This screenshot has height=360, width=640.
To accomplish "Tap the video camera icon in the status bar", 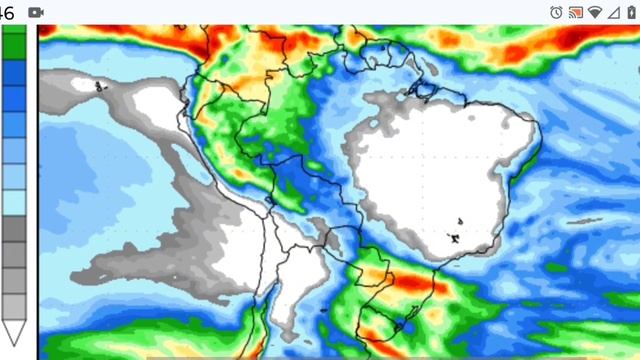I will pos(37,11).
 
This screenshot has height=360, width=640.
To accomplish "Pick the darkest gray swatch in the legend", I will pos(14,229).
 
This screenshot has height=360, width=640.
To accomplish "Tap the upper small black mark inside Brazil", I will pos(460,221).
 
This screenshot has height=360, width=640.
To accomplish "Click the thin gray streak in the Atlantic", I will pos(584,221).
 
